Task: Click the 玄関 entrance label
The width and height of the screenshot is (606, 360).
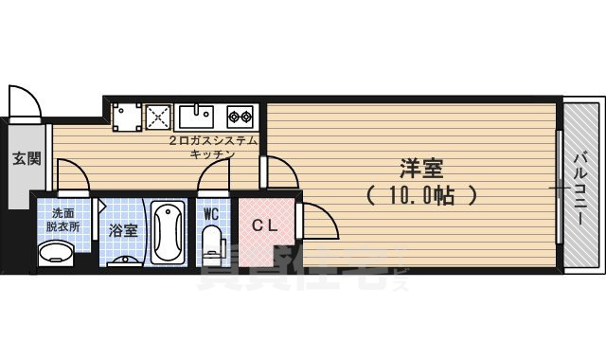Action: click(x=27, y=158)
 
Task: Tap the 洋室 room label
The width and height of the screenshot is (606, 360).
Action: click(x=422, y=170)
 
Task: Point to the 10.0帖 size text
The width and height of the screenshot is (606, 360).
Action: click(x=422, y=196)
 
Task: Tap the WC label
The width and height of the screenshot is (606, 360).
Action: click(x=211, y=213)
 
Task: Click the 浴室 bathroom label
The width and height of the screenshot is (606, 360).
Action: click(x=122, y=230)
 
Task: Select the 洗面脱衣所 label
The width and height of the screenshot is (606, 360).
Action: click(x=65, y=221)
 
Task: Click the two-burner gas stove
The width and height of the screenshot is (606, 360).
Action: click(x=240, y=117)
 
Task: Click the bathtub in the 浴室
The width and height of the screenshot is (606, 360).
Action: click(x=167, y=232)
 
